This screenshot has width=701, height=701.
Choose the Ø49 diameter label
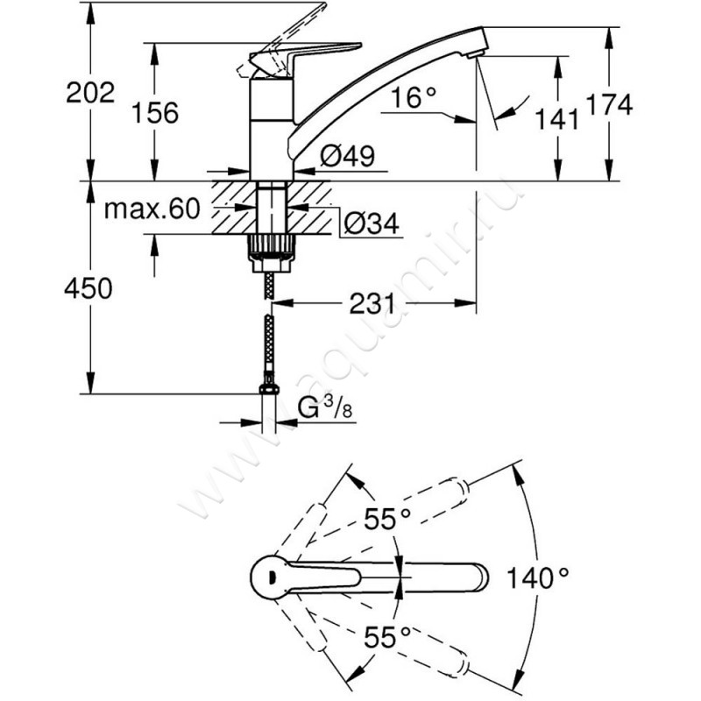click(347, 156)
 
